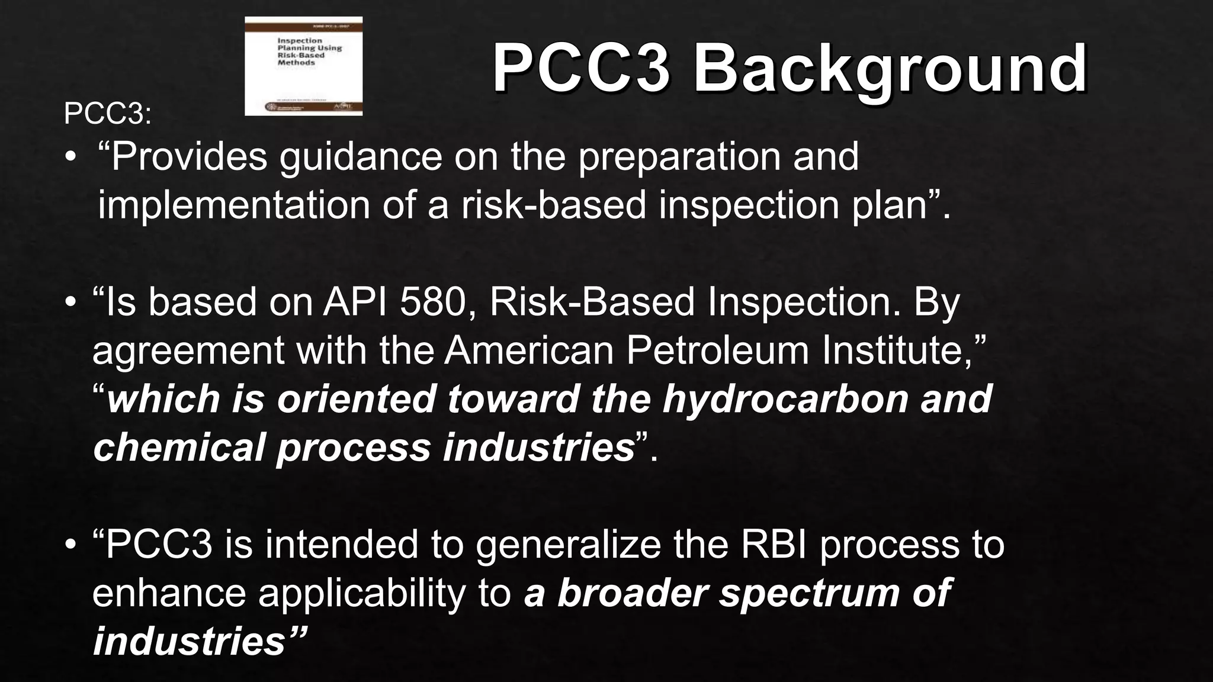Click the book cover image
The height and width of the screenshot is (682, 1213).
(x=303, y=66)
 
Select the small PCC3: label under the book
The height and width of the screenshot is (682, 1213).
(x=107, y=113)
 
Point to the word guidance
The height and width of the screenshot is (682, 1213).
(x=361, y=158)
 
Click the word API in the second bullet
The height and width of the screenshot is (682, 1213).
(x=355, y=302)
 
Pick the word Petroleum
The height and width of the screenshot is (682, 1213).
(x=717, y=350)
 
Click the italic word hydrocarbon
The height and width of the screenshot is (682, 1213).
(x=785, y=399)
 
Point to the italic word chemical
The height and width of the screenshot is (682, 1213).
(x=178, y=448)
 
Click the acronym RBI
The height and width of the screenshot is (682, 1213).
(x=773, y=544)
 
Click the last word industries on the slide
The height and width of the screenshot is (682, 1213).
(x=190, y=642)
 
